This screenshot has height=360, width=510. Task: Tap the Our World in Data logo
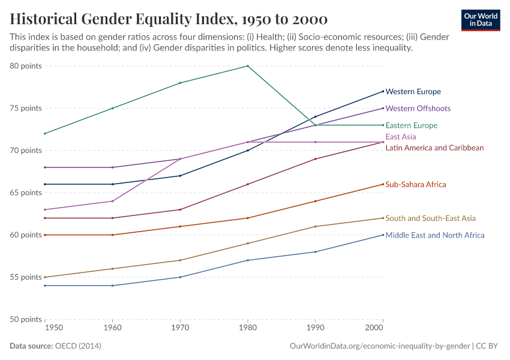click(481, 19)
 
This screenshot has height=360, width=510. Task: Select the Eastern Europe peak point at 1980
click(248, 66)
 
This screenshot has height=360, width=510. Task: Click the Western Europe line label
click(413, 92)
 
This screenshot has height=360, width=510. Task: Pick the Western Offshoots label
click(418, 109)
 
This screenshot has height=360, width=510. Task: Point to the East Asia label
click(401, 137)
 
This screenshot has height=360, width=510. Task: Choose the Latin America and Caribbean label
click(434, 148)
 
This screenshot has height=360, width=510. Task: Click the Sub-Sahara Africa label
click(415, 185)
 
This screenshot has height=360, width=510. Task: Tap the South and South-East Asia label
click(430, 218)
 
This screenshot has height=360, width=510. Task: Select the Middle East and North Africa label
click(434, 235)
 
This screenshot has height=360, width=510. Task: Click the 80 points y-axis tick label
click(26, 66)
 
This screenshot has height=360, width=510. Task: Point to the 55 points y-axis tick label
click(26, 277)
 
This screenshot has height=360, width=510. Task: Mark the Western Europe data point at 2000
click(383, 91)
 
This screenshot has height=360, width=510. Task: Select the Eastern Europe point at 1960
click(112, 108)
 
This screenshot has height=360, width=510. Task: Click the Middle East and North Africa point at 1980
click(248, 260)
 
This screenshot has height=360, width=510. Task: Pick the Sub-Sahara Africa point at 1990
click(316, 201)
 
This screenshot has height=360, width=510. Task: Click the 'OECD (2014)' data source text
click(78, 346)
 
